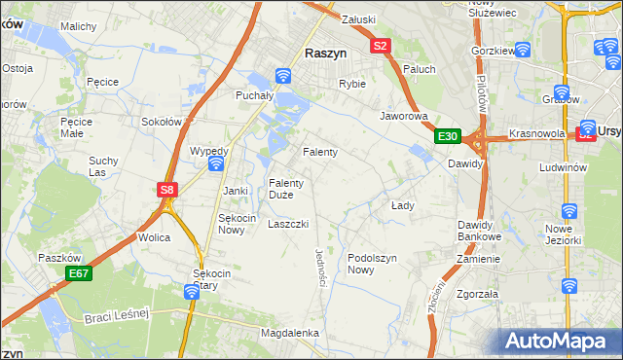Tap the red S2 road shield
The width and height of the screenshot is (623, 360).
pyautogui.click(x=380, y=45)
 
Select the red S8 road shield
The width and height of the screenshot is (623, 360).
pyautogui.click(x=167, y=191)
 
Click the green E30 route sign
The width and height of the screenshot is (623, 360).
pyautogui.click(x=447, y=136)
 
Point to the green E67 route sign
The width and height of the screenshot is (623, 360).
pyautogui.click(x=79, y=275)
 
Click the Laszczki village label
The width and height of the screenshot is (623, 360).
pyautogui.click(x=288, y=224)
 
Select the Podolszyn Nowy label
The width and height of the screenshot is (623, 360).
pyautogui.click(x=374, y=263)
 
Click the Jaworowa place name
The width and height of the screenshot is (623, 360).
pyautogui.click(x=404, y=115)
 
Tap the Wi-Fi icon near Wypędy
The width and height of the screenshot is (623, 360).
pyautogui.click(x=216, y=164)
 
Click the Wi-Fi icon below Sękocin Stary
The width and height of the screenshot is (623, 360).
pyautogui.click(x=193, y=291)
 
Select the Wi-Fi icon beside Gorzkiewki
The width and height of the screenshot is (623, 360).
pyautogui.click(x=522, y=50)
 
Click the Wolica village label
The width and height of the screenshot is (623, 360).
pyautogui.click(x=154, y=237)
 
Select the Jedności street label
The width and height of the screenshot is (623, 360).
pyautogui.click(x=320, y=265)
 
